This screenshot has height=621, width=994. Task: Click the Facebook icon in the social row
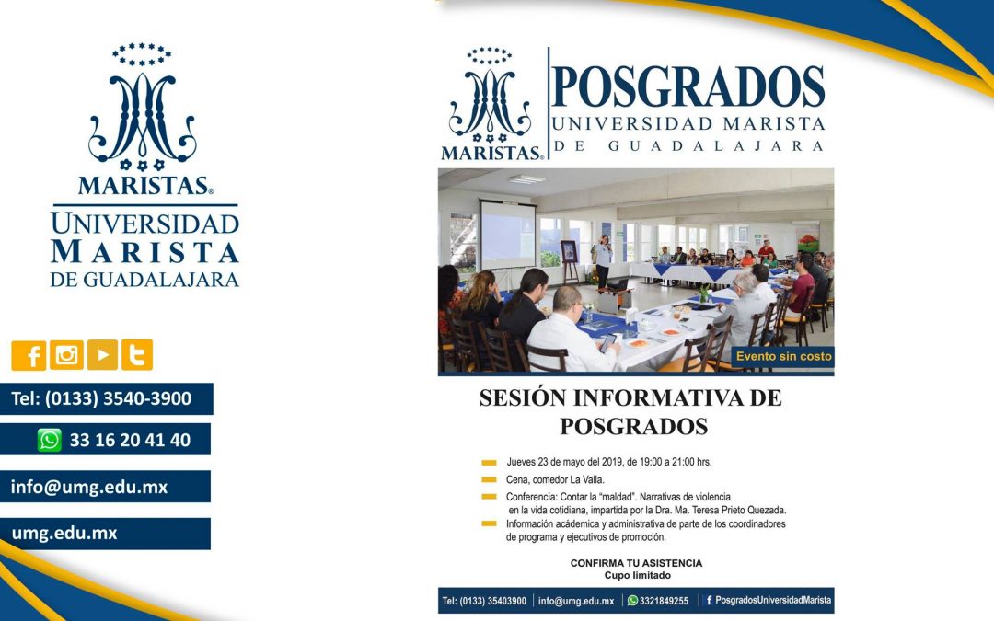pos(29,355)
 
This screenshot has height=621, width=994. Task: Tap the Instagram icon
pos(65,355)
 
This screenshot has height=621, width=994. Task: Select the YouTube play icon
pos(101,355)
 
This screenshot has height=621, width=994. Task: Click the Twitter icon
pos(137,355)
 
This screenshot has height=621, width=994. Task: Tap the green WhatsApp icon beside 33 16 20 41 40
pos(50,440)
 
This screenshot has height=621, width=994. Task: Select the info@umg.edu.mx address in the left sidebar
pos(88,487)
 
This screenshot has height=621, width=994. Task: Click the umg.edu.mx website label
pos(64,534)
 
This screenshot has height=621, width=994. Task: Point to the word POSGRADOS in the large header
pos(688,87)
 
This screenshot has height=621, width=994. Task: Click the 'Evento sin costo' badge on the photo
pos(783,356)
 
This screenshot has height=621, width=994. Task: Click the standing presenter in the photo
pos(602,261)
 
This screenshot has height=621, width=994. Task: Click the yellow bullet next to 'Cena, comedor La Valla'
pos(489,479)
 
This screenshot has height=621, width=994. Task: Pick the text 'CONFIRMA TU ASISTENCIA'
pos(636,563)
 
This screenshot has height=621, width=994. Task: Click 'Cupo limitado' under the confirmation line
pos(637,576)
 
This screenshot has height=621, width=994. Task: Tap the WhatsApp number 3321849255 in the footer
pos(664,601)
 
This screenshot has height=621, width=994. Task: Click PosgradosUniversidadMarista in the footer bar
pos(772,600)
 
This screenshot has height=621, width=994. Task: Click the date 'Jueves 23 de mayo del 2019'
pos(573,462)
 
